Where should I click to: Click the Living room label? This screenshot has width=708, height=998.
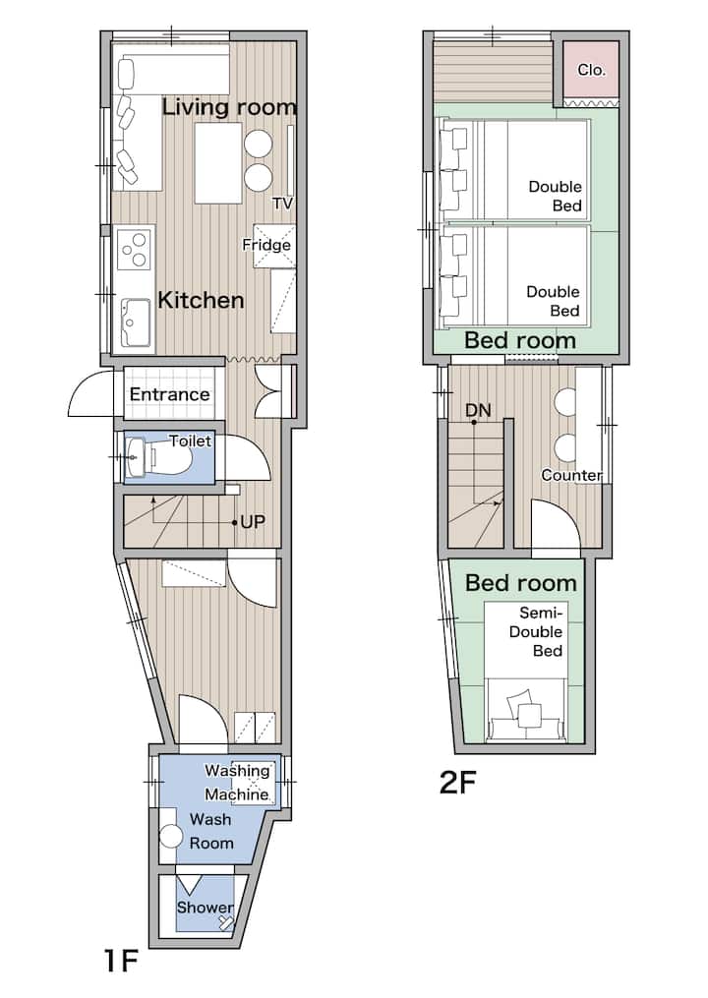(229, 107)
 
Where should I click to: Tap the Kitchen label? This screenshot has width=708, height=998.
(201, 300)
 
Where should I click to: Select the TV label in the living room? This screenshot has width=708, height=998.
(282, 204)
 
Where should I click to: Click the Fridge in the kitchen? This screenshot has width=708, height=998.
(274, 246)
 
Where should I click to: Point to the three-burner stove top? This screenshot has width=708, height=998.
(135, 249)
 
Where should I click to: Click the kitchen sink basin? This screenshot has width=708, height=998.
(136, 323)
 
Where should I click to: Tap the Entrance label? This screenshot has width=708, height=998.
(169, 394)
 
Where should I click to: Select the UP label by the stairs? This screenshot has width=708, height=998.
(253, 522)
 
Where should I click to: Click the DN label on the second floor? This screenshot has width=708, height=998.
(478, 411)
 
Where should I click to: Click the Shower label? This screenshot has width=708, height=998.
(205, 908)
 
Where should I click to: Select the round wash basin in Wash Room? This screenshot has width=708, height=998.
(171, 837)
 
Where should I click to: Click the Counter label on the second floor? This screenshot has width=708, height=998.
(571, 476)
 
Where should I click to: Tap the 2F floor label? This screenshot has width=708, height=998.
(458, 783)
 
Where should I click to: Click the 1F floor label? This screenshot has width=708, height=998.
(120, 960)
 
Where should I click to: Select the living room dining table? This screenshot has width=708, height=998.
(218, 163)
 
